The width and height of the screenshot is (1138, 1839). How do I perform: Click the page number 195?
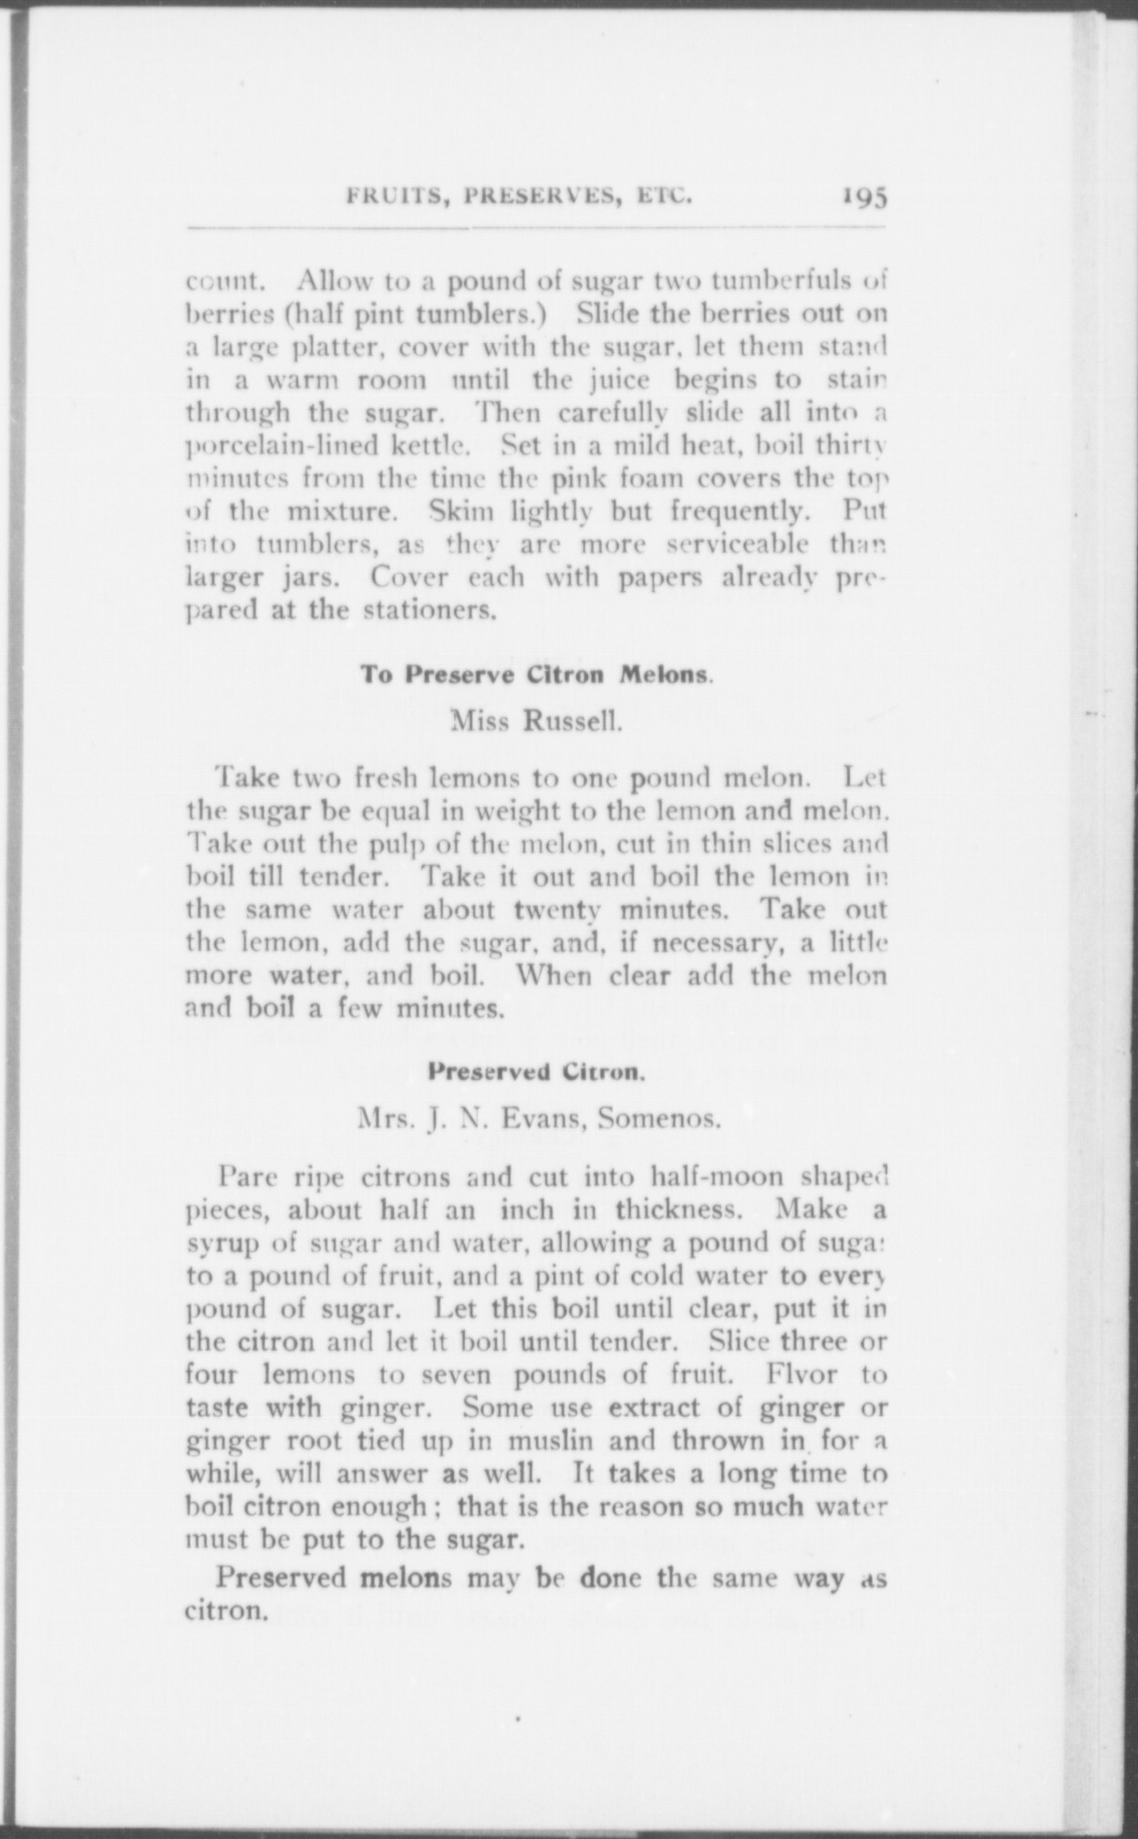click(x=864, y=197)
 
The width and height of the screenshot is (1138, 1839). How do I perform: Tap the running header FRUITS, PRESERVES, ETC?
click(x=519, y=196)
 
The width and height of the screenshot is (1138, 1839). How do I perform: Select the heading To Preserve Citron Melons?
click(x=535, y=675)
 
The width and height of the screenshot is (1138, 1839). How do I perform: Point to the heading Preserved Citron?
click(x=537, y=1071)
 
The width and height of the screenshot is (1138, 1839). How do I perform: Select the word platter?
click(x=339, y=347)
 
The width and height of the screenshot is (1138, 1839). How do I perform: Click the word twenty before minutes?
click(x=556, y=909)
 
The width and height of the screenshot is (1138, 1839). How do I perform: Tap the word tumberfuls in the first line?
click(x=781, y=279)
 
